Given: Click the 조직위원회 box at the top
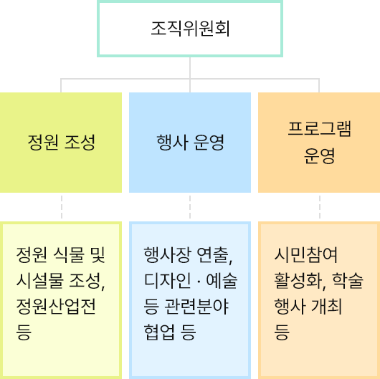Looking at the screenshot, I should pyautogui.click(x=190, y=29).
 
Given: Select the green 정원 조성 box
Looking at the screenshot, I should pyautogui.click(x=61, y=141).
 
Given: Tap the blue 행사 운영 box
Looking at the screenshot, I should pyautogui.click(x=190, y=141).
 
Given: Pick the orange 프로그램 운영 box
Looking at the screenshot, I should pyautogui.click(x=319, y=141).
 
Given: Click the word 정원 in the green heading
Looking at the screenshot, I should pyautogui.click(x=41, y=142).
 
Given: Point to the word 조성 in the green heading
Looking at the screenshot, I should pyautogui.click(x=80, y=142).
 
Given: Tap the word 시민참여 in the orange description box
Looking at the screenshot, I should pyautogui.click(x=306, y=254).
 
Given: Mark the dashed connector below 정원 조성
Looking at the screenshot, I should pyautogui.click(x=62, y=207).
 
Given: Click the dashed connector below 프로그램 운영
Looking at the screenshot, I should pyautogui.click(x=320, y=207).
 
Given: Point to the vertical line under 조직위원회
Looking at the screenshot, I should pyautogui.click(x=190, y=67).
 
